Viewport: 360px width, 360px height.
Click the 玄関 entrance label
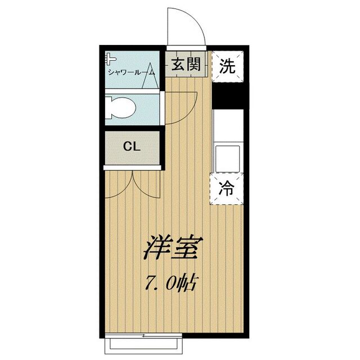coord(185,65)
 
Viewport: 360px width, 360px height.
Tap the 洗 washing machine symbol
coord(227,66)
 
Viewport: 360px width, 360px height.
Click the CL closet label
coord(132,148)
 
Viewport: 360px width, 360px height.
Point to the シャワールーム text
coord(131,72)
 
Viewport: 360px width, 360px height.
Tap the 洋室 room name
coord(172,247)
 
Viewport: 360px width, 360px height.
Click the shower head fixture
coord(110,58)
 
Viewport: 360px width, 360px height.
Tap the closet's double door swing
coord(133,183)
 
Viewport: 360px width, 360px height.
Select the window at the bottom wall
coord(145,341)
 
